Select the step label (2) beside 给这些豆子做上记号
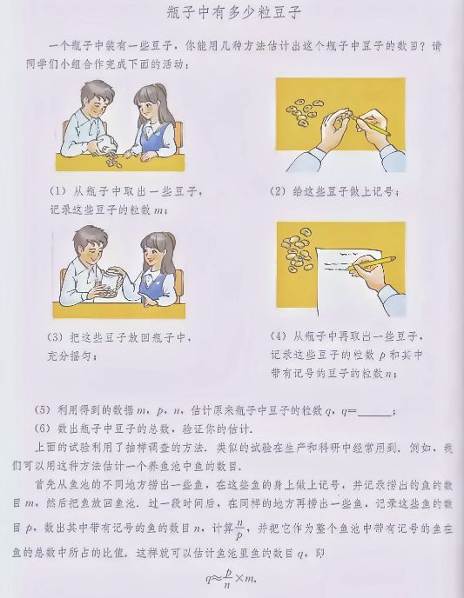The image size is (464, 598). pyautogui.click(x=278, y=192)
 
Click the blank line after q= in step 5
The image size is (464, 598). pyautogui.click(x=374, y=411)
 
